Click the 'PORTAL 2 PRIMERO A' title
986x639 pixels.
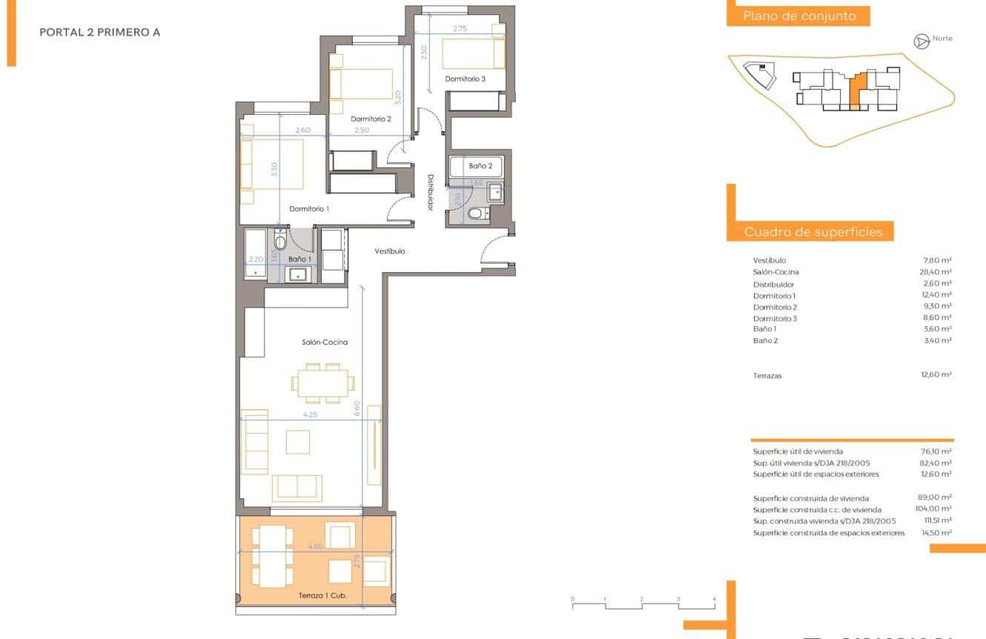(99, 33)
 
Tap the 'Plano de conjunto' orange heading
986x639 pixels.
(798, 16)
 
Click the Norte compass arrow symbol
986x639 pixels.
(922, 42)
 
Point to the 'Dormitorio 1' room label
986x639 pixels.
(308, 209)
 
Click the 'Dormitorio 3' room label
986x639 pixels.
(465, 79)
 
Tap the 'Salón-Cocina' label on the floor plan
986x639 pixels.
(325, 342)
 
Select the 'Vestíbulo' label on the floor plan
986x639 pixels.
(389, 251)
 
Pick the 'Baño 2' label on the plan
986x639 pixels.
(480, 166)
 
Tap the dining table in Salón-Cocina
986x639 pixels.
(322, 383)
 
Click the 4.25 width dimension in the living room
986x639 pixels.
(310, 415)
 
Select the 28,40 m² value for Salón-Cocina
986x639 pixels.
(936, 272)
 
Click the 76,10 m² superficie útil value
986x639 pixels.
(936, 451)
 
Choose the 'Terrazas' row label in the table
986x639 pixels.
(767, 376)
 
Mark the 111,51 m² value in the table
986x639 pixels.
(935, 521)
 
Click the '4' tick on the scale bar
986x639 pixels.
(714, 598)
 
